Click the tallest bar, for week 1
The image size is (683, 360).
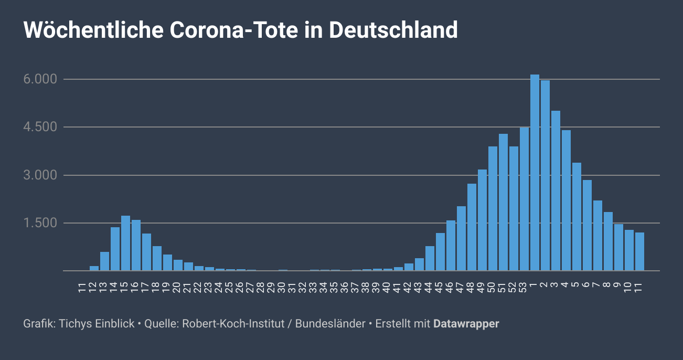(535, 173)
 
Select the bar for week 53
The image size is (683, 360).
(524, 199)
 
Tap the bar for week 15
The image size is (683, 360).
(125, 243)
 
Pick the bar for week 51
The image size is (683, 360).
(503, 203)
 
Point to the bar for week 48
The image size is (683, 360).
(472, 227)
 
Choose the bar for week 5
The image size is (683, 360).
(577, 217)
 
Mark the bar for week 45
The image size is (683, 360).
(440, 252)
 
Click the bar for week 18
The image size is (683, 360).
(157, 259)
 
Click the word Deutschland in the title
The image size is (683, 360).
(393, 30)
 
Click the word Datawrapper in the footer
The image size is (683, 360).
(466, 324)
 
